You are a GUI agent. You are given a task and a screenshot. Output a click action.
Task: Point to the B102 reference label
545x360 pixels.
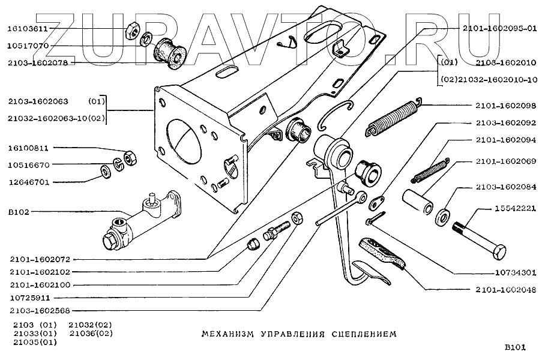[18, 211]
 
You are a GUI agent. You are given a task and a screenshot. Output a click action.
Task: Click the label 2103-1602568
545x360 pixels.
[40, 310]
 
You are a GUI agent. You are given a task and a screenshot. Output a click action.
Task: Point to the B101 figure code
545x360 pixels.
[514, 346]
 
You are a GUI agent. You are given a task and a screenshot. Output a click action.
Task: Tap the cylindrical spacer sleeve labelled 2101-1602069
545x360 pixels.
[418, 203]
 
